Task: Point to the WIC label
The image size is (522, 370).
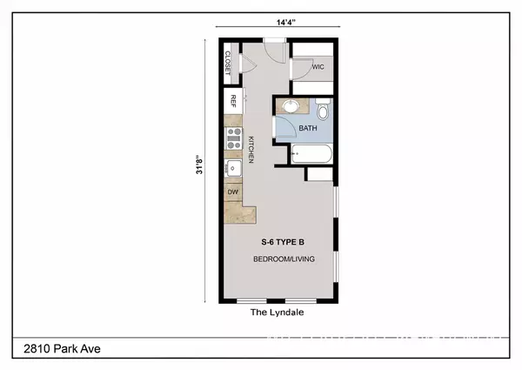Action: click(x=318, y=65)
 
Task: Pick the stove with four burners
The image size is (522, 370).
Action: click(x=233, y=135)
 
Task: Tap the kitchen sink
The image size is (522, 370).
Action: click(x=233, y=167)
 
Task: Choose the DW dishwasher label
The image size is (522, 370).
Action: click(x=233, y=192)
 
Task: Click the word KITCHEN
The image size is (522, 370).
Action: click(x=250, y=150)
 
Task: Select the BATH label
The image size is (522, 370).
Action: click(x=308, y=128)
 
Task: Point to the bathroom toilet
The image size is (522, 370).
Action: click(x=324, y=111)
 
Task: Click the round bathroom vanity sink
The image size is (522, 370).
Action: click(x=291, y=108)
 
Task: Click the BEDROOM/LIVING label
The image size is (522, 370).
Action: click(x=284, y=259)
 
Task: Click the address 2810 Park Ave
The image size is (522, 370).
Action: click(x=57, y=349)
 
